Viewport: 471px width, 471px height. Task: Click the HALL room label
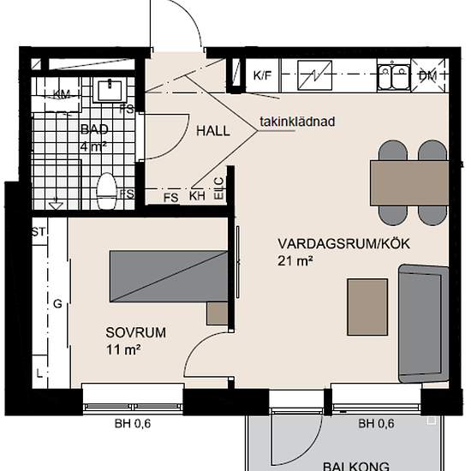(213, 131)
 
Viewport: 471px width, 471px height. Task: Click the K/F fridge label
(262, 75)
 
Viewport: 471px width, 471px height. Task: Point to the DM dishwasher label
(427, 75)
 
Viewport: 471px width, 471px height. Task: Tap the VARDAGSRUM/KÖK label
(344, 244)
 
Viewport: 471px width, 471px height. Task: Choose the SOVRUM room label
(135, 332)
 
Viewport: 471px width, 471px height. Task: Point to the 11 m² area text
(123, 349)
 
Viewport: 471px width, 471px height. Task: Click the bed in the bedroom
(170, 277)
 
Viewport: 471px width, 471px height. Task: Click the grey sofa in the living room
(424, 322)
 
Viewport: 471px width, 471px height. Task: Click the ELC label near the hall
(218, 188)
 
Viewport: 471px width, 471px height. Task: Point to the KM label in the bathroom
(62, 93)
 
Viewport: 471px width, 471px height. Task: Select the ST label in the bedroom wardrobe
(38, 231)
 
